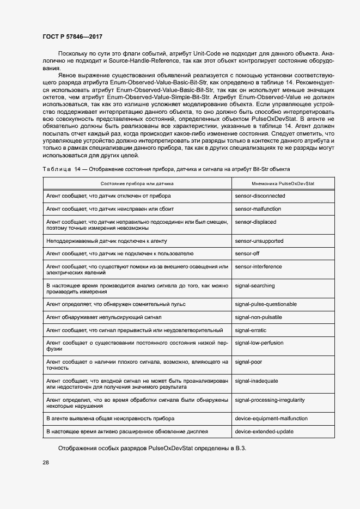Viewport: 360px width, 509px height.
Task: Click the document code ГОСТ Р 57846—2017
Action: tap(72, 36)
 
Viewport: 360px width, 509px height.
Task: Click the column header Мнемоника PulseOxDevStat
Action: tap(283, 184)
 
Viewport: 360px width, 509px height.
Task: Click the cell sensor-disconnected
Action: tap(260, 195)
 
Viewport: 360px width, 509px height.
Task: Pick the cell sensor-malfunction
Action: tap(259, 208)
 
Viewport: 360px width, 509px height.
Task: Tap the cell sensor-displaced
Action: tap(255, 222)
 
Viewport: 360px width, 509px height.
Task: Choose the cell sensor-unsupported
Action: tap(259, 241)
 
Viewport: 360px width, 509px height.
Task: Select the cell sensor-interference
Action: tap(258, 267)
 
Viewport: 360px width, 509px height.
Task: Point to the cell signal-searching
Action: tap(255, 286)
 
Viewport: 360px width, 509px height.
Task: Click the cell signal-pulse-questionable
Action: tap(265, 304)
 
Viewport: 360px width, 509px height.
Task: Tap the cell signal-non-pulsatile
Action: tap(258, 317)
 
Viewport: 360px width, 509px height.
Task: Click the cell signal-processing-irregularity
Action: tap(270, 400)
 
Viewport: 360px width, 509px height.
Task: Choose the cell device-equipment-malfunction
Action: tap(271, 419)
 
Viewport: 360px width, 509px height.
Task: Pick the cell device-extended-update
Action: tap(264, 432)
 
